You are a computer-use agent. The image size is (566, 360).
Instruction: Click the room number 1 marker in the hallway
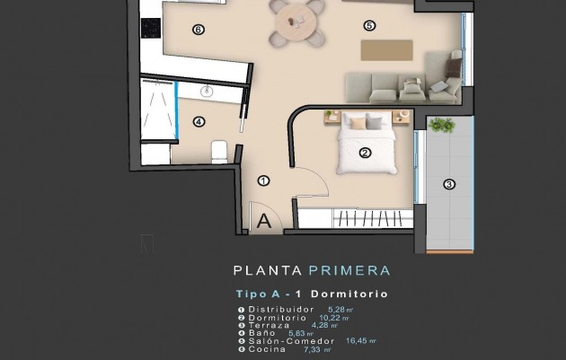tap(263, 180)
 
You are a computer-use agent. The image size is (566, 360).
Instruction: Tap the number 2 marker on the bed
tap(365, 153)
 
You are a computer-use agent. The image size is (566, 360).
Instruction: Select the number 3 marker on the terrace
tap(449, 186)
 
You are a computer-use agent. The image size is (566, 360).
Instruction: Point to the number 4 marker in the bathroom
tap(199, 122)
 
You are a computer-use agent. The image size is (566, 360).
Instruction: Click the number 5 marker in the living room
tap(368, 26)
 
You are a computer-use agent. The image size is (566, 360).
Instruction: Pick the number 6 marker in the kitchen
tap(199, 30)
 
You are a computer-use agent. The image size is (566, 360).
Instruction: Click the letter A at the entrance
tap(265, 219)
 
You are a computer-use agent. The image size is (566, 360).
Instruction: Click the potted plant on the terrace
tap(441, 125)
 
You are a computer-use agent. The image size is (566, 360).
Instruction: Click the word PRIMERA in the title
tap(349, 269)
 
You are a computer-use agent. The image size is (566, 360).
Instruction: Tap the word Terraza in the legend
tap(271, 324)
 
